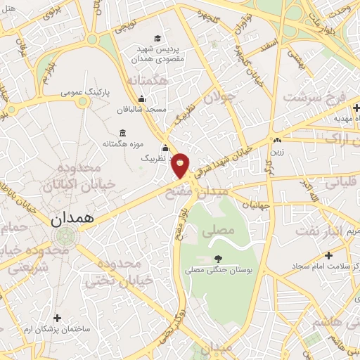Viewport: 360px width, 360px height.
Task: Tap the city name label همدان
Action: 72,219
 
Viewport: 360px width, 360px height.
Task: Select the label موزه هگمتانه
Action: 123,144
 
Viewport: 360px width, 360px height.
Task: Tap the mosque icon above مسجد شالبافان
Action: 143,99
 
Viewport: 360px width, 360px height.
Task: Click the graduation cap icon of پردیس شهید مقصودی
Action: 157,37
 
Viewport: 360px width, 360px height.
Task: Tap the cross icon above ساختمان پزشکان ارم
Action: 57,319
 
